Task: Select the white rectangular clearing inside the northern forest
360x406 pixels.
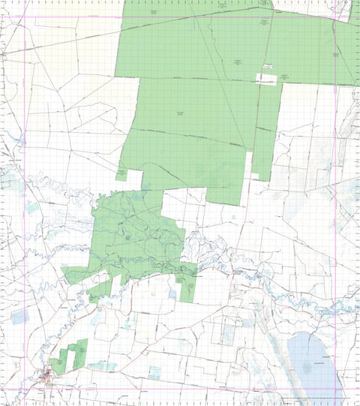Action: coord(268,77)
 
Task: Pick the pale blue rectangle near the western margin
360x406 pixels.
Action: coord(19,317)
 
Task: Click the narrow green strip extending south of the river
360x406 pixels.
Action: coord(187,286)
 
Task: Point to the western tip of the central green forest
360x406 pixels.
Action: coord(64,275)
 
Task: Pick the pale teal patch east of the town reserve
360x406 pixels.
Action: coord(101,367)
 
